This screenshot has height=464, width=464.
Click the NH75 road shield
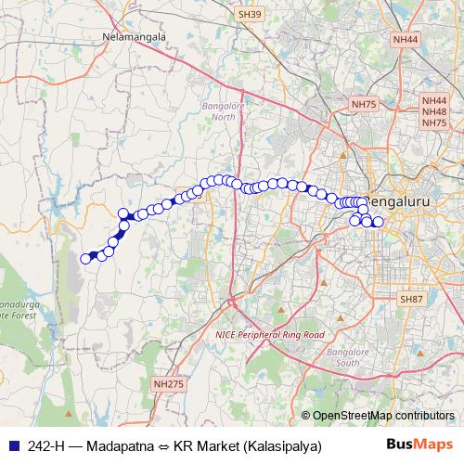tap(363, 104)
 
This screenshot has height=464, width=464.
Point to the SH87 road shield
tap(410, 299)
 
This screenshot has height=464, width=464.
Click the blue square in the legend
tap(12, 445)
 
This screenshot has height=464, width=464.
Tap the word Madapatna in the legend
tap(117, 445)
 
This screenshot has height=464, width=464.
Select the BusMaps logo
tap(426, 445)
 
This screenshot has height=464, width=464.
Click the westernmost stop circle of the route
tap(85, 259)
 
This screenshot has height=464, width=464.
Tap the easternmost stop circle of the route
tap(378, 222)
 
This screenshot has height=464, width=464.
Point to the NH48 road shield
tap(434, 110)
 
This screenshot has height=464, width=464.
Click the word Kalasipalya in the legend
tap(282, 445)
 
